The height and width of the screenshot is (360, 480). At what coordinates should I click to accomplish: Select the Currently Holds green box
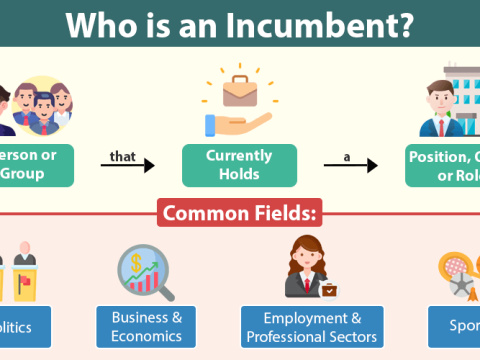(x=239, y=165)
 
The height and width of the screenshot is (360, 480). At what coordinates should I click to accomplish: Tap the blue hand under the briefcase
(x=232, y=124)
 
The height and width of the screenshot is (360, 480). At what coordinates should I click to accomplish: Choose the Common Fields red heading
(x=240, y=213)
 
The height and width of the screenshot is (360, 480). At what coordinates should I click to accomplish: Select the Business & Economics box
(x=146, y=325)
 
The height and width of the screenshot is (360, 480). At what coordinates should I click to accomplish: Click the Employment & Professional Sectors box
(x=311, y=325)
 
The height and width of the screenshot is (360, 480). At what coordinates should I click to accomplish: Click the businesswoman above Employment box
(x=310, y=266)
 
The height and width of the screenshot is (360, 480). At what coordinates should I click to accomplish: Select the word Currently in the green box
(x=239, y=156)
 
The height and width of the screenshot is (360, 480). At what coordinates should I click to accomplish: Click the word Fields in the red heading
(x=284, y=213)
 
